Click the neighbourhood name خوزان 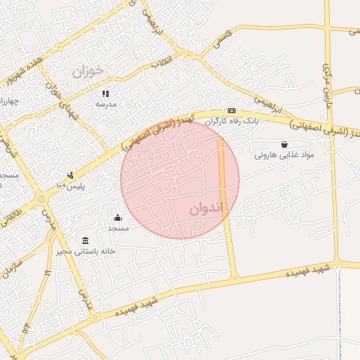(x=88, y=70)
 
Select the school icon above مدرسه (x=105, y=94)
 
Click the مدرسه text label (x=105, y=104)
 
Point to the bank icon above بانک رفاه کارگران (x=231, y=111)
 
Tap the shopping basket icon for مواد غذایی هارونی (x=284, y=144)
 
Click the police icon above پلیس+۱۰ (x=70, y=175)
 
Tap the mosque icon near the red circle (x=117, y=217)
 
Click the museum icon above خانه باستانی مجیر (x=85, y=240)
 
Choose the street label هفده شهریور (x=27, y=70)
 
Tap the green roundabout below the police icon (x=41, y=198)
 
